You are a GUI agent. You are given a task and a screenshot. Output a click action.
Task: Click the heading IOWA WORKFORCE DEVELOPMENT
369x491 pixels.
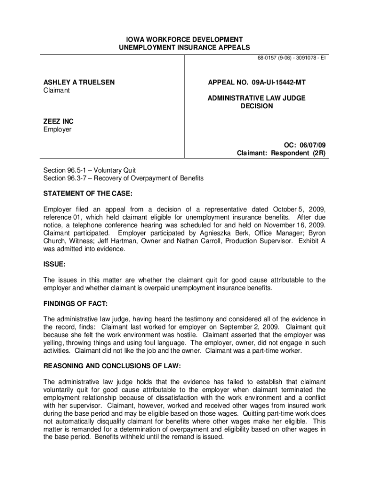click(184, 39)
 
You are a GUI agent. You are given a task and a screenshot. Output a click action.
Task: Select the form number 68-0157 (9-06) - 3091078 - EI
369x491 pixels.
click(292, 58)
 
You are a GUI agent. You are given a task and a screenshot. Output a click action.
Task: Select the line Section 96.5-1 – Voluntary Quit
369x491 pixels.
click(90, 170)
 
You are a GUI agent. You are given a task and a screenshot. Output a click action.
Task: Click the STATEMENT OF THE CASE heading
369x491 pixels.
click(88, 194)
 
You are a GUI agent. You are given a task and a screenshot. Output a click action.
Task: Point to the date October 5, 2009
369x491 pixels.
click(300, 210)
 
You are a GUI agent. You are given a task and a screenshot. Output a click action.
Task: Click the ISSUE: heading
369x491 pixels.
click(55, 264)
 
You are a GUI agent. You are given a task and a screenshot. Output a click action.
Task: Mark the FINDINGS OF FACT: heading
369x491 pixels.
click(76, 304)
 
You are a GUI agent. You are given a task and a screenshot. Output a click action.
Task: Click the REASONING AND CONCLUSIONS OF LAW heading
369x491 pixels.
click(112, 366)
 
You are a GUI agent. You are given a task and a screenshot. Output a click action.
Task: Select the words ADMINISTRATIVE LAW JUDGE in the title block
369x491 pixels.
click(256, 98)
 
